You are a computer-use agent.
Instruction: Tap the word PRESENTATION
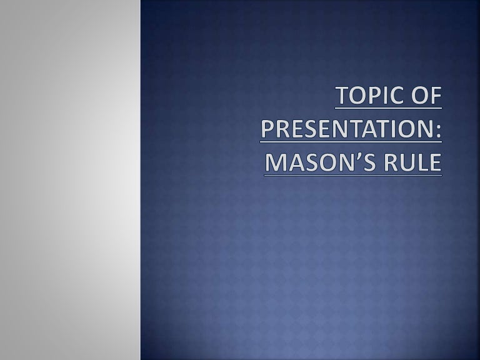tap(347, 129)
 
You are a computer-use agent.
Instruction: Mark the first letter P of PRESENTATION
tap(267, 129)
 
